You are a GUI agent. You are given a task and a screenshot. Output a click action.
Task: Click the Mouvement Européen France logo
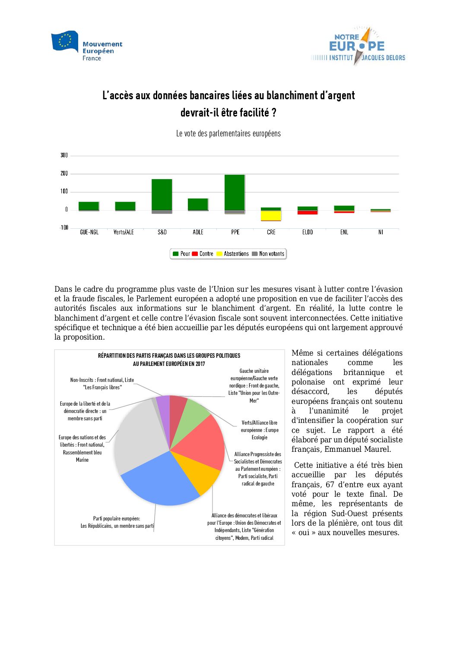(86, 46)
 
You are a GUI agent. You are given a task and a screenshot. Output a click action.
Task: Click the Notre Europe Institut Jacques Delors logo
(358, 47)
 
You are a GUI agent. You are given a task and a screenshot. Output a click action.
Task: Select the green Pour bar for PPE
(235, 192)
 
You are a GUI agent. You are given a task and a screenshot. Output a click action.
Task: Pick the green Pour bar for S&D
(162, 194)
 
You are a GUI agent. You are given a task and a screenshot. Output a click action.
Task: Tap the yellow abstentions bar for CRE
(271, 215)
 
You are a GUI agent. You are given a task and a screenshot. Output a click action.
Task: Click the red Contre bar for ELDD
(308, 212)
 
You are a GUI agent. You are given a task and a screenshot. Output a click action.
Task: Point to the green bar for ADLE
(198, 204)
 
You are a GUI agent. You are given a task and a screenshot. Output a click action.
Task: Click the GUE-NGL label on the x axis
(89, 232)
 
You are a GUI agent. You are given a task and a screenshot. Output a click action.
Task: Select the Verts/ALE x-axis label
(124, 232)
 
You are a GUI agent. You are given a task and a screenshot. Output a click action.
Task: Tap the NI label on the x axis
(381, 232)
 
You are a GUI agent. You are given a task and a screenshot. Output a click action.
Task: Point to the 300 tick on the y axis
(64, 155)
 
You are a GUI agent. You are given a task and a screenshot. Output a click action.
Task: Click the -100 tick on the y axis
(64, 227)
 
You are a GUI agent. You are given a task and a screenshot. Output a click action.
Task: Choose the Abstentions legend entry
(233, 254)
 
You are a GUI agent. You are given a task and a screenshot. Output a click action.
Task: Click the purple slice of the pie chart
(163, 406)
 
